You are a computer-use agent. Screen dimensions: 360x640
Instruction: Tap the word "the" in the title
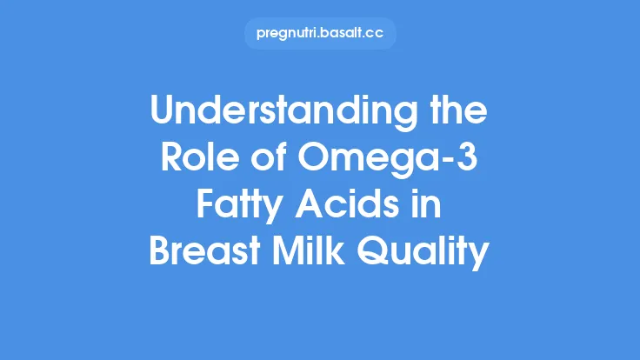pyautogui.click(x=457, y=114)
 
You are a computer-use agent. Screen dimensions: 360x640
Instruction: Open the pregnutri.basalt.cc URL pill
pyautogui.click(x=320, y=34)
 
